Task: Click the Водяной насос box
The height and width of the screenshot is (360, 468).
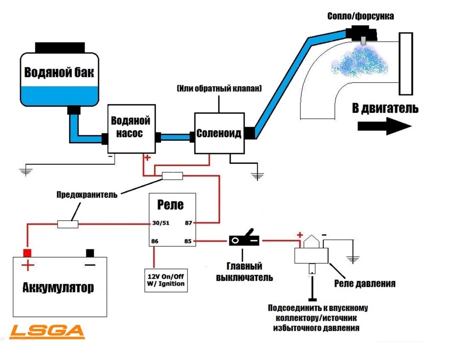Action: click(x=131, y=127)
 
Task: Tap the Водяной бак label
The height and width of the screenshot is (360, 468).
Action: click(x=59, y=73)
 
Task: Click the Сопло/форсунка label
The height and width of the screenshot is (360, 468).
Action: click(x=361, y=17)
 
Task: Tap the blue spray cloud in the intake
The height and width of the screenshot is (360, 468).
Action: click(x=358, y=61)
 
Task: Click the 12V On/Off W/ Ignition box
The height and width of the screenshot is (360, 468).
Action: click(x=164, y=280)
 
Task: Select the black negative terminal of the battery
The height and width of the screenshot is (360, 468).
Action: click(x=90, y=253)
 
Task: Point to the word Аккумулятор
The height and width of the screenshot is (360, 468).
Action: click(x=58, y=287)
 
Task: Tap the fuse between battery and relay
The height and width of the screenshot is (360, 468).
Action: click(x=68, y=224)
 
